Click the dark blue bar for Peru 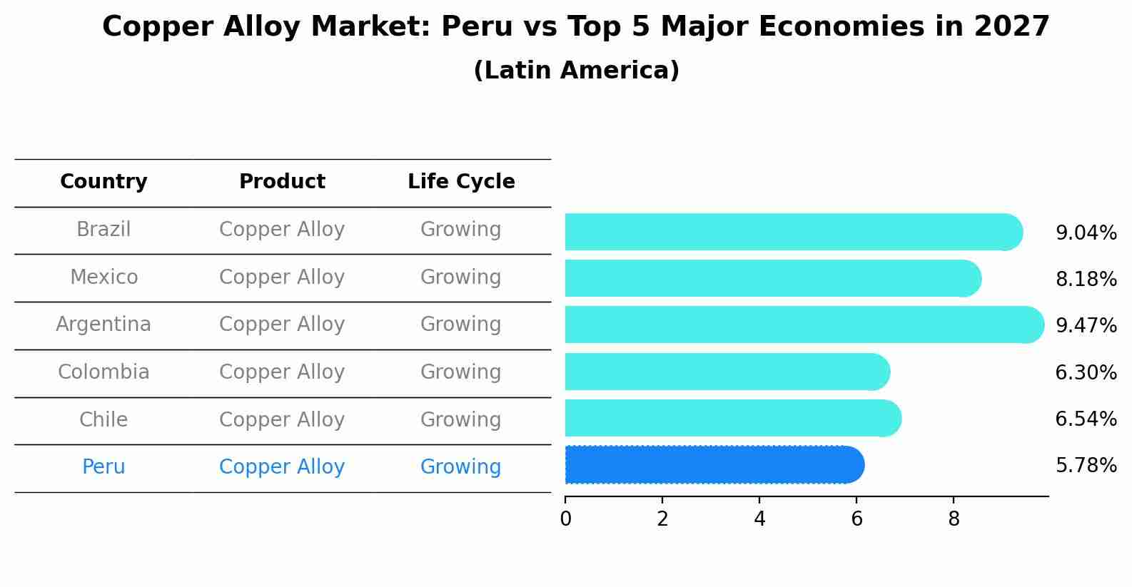point(714,465)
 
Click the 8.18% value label point(1086,280)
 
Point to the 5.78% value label point(1086,466)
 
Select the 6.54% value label point(1086,419)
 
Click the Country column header point(103,182)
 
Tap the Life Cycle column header point(461,182)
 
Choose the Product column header point(282,182)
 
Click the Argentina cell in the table point(103,325)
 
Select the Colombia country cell point(103,372)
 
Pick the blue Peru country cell point(103,467)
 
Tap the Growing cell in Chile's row point(460,420)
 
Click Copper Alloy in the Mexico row point(282,277)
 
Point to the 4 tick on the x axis point(759,519)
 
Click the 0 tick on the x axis point(565,519)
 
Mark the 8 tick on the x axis point(954,519)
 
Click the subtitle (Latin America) point(576,71)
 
